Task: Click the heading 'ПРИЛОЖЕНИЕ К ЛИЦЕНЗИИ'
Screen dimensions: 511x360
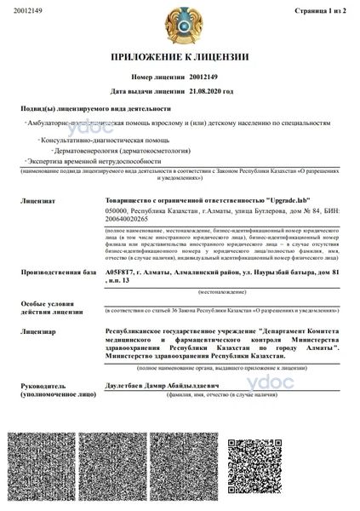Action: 180,57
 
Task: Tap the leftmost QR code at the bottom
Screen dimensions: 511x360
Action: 53,468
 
